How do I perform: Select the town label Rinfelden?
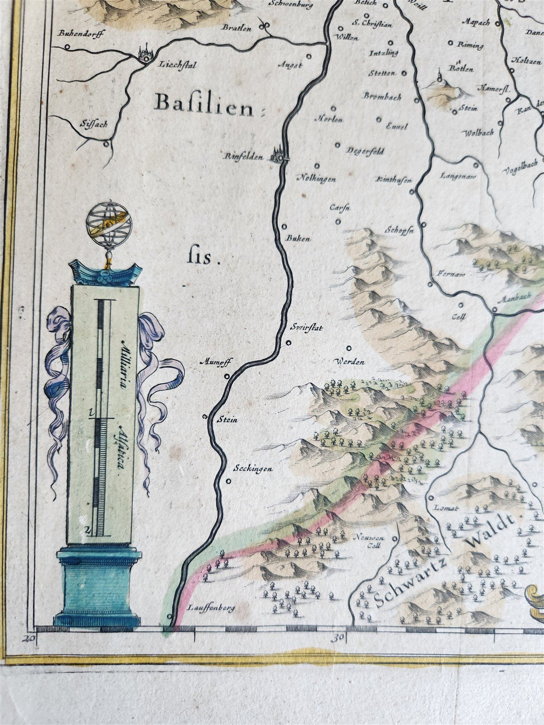point(243,157)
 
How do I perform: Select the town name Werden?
point(349,362)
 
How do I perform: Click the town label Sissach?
point(95,124)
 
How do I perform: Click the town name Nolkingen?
point(316,179)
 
